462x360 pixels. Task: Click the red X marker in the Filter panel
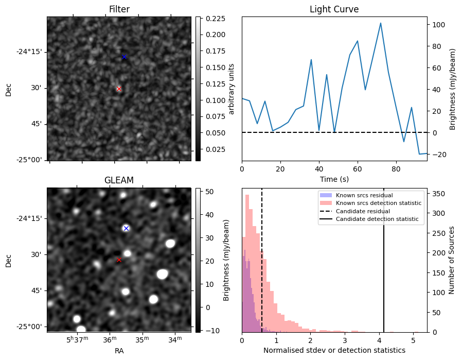pyautogui.click(x=119, y=89)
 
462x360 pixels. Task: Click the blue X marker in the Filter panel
pyautogui.click(x=124, y=57)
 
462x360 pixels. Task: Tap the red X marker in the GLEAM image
pyautogui.click(x=119, y=260)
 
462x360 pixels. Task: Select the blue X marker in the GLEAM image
pyautogui.click(x=126, y=228)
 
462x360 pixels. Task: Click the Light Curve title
pyautogui.click(x=334, y=9)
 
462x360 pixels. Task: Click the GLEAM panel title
pyautogui.click(x=119, y=180)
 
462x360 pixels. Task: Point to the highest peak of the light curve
pyautogui.click(x=380, y=23)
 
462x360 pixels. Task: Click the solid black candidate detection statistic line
pyautogui.click(x=384, y=258)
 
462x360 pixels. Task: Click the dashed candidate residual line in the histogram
pyautogui.click(x=262, y=258)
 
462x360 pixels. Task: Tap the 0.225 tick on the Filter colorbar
pyautogui.click(x=212, y=19)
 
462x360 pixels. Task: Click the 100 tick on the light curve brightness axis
pyautogui.click(x=438, y=25)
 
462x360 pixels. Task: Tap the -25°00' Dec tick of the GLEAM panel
pyautogui.click(x=30, y=327)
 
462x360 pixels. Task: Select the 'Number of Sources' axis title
pyautogui.click(x=452, y=260)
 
